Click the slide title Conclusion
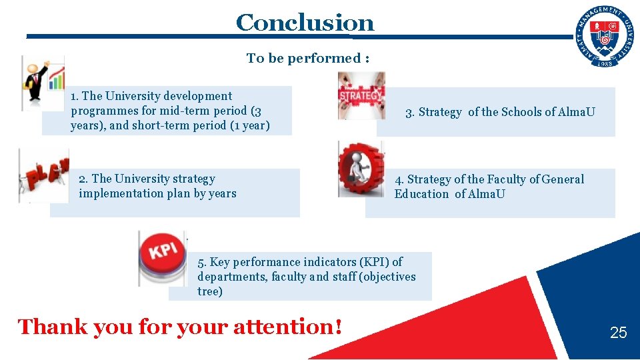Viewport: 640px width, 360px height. click(305, 23)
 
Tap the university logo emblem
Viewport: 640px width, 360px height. click(605, 37)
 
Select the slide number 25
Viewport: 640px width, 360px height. click(618, 332)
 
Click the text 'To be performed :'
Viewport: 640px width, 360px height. click(307, 58)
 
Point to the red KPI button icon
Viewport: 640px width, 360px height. click(162, 257)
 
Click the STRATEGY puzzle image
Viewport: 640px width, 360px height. click(361, 95)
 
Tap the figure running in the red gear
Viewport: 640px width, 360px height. click(361, 169)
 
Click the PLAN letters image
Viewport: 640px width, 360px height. click(44, 175)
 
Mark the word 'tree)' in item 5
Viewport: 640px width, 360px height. click(210, 291)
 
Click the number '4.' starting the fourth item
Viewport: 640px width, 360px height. click(399, 179)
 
